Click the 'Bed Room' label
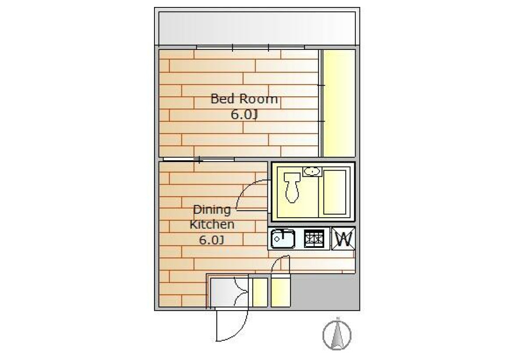click(244, 99)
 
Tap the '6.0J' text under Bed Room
click(245, 114)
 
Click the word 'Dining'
click(212, 210)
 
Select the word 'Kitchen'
click(212, 224)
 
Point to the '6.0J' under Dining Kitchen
click(211, 240)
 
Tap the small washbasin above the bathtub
click(312, 171)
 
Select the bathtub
click(335, 192)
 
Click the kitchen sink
click(283, 239)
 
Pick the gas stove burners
click(314, 239)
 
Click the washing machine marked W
click(343, 239)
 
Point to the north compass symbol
click(337, 334)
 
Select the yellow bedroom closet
click(339, 103)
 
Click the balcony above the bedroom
click(257, 28)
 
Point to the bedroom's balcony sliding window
click(250, 48)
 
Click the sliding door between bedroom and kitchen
click(199, 160)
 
